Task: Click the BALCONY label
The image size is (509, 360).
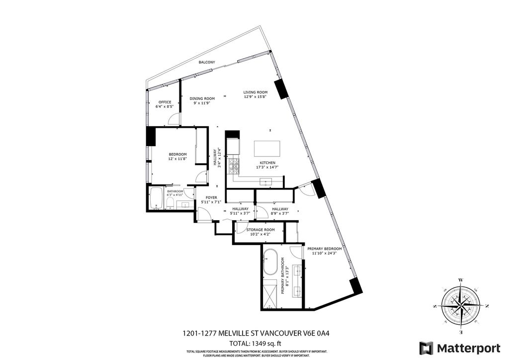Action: click(x=207, y=62)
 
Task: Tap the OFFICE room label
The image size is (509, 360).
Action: click(x=165, y=102)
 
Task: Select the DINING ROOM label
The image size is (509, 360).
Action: click(x=202, y=98)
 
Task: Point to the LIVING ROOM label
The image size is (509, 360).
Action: click(x=255, y=92)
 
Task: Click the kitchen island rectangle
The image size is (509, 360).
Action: click(x=266, y=149)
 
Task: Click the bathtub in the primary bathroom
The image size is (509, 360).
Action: click(x=271, y=263)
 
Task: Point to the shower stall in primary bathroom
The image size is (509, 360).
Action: click(x=270, y=293)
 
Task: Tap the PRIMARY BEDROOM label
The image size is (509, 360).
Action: click(x=324, y=249)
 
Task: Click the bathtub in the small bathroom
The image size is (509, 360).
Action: click(x=156, y=198)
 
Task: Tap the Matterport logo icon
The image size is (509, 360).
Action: click(x=425, y=347)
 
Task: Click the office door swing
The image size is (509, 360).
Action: click(x=172, y=119)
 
